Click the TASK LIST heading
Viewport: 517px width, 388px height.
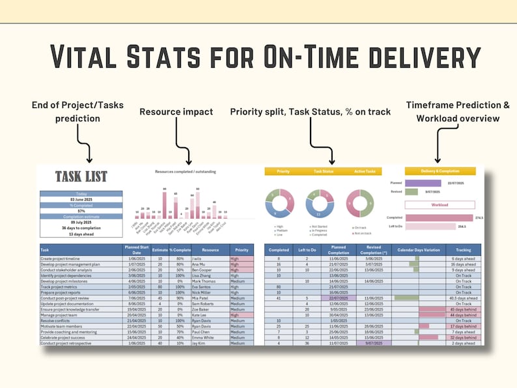[81, 176]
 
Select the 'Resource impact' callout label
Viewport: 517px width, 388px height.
[176, 112]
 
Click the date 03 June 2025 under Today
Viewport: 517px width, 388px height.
[81, 199]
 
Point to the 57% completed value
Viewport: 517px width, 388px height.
[81, 211]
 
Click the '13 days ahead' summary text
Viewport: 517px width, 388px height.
[81, 234]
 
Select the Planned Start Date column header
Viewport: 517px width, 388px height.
[136, 249]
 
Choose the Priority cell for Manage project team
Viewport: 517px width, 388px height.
[240, 314]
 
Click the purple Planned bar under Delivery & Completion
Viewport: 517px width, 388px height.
[423, 184]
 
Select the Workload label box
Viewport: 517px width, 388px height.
[440, 204]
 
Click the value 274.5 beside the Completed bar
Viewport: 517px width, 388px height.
[479, 217]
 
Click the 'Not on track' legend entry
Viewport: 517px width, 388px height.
[362, 232]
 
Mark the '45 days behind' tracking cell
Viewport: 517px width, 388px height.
[464, 309]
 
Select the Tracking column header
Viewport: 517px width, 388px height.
[463, 249]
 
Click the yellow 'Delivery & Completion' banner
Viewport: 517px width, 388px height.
[440, 171]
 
